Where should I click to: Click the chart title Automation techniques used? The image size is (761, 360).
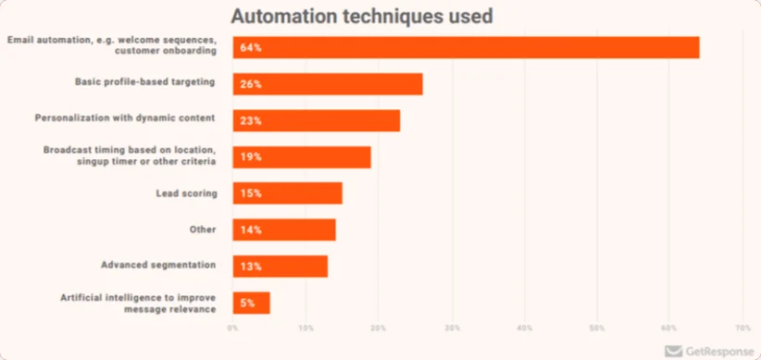(x=361, y=16)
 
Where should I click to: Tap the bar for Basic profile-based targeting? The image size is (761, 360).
(x=328, y=84)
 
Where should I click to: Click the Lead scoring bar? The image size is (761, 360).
(x=287, y=193)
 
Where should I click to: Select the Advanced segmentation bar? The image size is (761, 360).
(x=281, y=267)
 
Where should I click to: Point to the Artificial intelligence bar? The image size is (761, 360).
(x=252, y=303)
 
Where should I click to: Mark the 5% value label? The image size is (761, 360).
(x=247, y=303)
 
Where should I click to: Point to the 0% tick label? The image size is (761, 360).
(x=233, y=328)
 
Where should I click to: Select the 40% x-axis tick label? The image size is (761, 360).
(x=524, y=328)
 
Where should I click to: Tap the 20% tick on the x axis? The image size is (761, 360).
(x=379, y=328)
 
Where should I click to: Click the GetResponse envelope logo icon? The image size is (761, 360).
(x=673, y=351)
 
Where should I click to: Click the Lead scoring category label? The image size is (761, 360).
(x=186, y=192)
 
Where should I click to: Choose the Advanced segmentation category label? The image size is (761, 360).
(x=158, y=266)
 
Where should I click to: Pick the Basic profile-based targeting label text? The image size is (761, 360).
(x=145, y=81)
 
